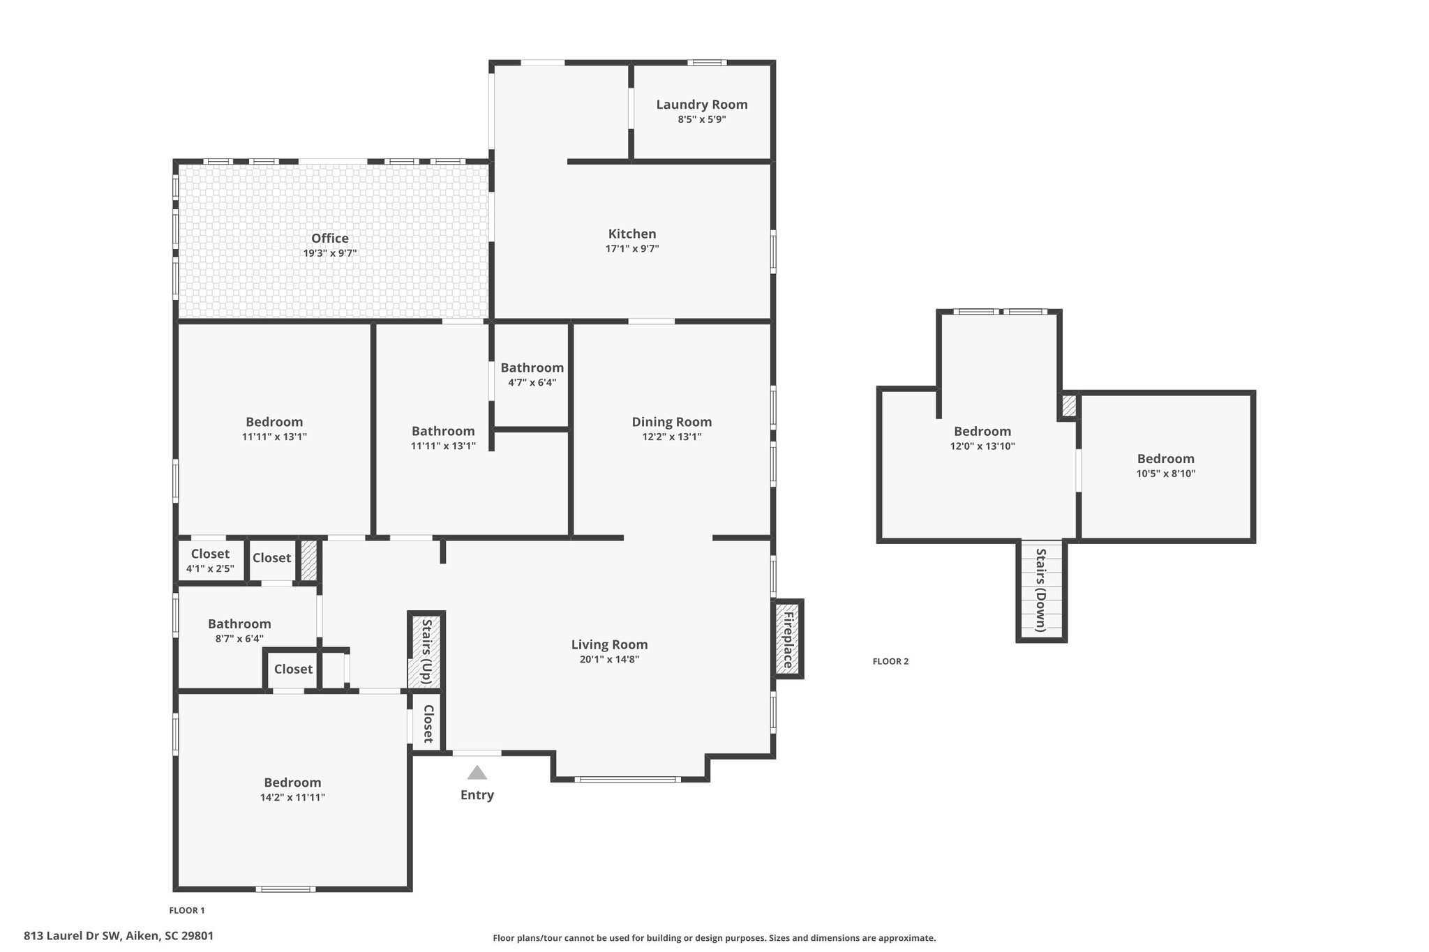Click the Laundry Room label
click(701, 105)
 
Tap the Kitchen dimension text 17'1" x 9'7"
click(632, 249)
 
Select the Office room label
click(329, 239)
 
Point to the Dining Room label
click(671, 422)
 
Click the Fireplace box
click(788, 639)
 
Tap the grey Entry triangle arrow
click(477, 773)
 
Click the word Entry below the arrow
click(477, 795)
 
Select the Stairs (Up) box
click(426, 651)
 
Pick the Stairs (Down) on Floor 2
click(1041, 590)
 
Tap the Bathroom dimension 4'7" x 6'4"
click(532, 383)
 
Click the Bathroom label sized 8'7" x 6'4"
click(239, 624)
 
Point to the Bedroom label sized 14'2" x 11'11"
click(292, 783)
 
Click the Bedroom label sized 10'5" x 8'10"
click(1165, 459)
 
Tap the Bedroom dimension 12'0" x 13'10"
click(982, 446)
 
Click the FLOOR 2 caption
click(890, 662)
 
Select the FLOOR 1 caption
click(187, 910)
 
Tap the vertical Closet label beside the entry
click(428, 724)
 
